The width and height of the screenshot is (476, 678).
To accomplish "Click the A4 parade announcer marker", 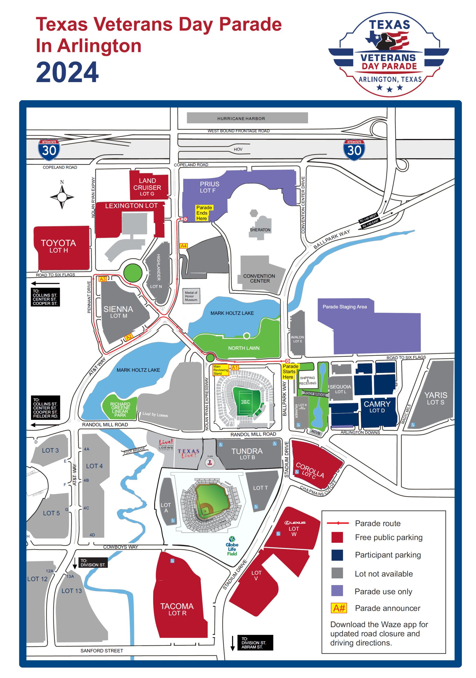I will pos(183,246).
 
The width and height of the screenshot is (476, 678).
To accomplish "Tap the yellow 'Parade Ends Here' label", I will pos(204,213).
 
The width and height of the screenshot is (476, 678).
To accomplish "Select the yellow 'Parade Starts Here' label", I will pos(290,372).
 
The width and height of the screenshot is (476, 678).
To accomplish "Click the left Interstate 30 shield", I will pos(49,150).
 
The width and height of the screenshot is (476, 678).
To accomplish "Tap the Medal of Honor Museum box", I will pos(191,296).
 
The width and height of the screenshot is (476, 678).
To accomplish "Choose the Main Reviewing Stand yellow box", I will pos(220,370).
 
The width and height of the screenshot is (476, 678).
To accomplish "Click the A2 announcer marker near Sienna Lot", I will pos(129,337).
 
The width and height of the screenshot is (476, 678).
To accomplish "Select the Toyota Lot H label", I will pos(58,246).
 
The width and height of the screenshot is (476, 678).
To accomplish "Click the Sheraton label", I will pos(260,230).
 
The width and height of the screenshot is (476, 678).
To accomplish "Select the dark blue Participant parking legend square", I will pos(337,555).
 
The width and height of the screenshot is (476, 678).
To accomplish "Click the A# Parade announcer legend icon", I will pos(338,608).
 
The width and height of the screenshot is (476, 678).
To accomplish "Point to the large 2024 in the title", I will pos(67,72).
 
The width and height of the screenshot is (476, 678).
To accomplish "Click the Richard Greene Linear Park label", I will pos(120,409).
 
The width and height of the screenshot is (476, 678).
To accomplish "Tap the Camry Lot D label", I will pos(377,407).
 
